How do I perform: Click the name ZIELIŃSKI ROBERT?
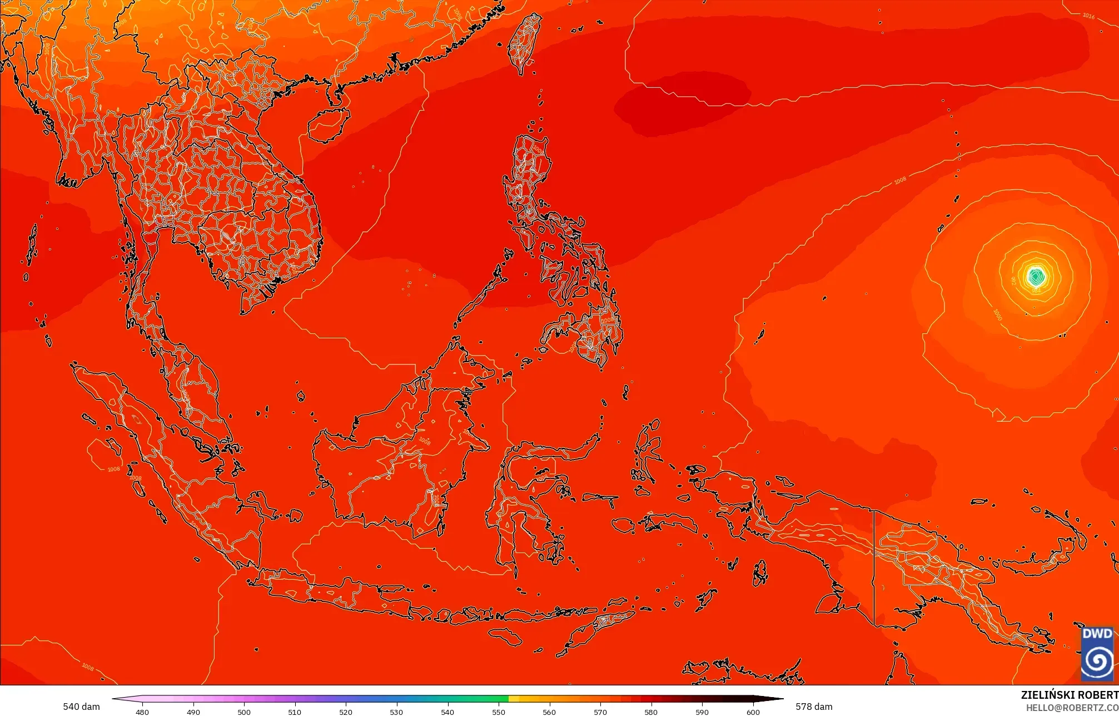[x=1069, y=695]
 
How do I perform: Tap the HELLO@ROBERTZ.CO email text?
[x=1072, y=708]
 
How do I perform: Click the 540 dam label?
[x=81, y=707]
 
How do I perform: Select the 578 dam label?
[x=814, y=707]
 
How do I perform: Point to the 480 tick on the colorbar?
[x=142, y=712]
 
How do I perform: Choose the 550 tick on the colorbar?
[x=499, y=712]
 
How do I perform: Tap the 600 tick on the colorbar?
[x=753, y=712]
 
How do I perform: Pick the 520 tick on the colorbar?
[x=346, y=712]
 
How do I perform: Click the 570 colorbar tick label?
[x=600, y=712]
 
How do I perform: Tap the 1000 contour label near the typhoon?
[x=997, y=315]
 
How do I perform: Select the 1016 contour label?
[x=1088, y=16]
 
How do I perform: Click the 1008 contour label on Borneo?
[x=424, y=441]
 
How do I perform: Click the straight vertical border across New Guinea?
[x=874, y=567]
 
